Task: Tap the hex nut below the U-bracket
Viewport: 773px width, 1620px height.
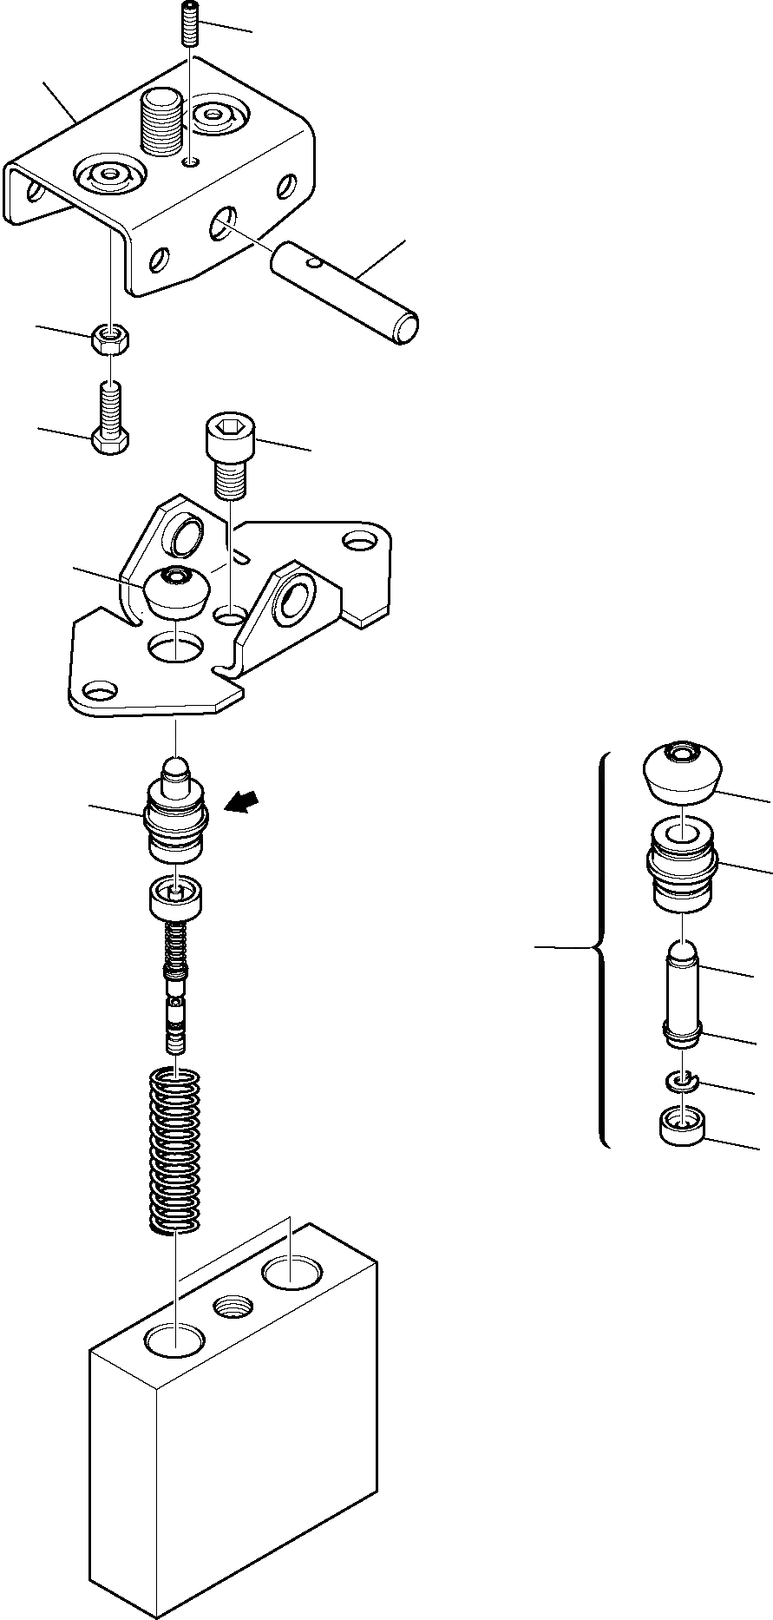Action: tap(109, 339)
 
